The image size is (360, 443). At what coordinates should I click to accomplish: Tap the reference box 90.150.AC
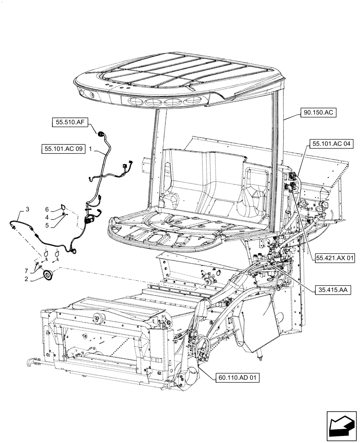[x=320, y=113]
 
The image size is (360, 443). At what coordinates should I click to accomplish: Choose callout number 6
[x=47, y=209]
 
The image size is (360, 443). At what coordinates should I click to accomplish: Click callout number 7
[x=27, y=270]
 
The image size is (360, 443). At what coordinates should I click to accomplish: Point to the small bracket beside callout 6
[x=63, y=206]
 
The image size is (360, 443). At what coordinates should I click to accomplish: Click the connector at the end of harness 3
[x=14, y=226]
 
